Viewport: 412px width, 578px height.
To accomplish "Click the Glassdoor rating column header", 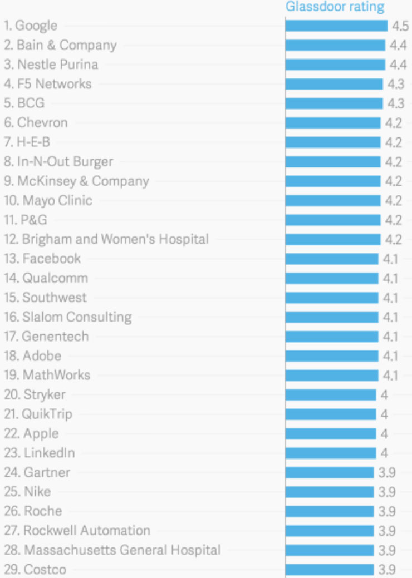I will click(x=335, y=7).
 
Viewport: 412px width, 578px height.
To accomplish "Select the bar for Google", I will click(x=336, y=26).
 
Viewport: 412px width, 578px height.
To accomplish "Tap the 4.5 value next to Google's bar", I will click(x=400, y=26).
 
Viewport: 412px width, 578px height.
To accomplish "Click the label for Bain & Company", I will click(x=60, y=45).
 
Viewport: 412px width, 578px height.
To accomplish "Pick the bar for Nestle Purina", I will click(x=335, y=65).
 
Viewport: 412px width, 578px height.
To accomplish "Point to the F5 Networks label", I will click(x=47, y=84).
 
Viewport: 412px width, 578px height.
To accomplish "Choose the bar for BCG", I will click(x=333, y=103).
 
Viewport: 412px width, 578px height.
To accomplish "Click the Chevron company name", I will click(x=36, y=123).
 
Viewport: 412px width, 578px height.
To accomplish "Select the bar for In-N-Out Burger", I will click(x=332, y=162).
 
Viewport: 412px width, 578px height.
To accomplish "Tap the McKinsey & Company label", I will click(x=76, y=181).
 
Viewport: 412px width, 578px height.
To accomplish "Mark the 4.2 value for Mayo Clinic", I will click(x=393, y=201).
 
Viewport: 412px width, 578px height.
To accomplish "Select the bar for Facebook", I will click(x=331, y=259).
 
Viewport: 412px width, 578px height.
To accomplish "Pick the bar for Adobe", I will click(x=331, y=356).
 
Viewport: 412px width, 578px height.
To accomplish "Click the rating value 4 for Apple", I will click(x=384, y=434).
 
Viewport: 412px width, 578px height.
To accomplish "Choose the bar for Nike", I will click(x=329, y=492).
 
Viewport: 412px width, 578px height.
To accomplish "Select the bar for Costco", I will click(x=329, y=570).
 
